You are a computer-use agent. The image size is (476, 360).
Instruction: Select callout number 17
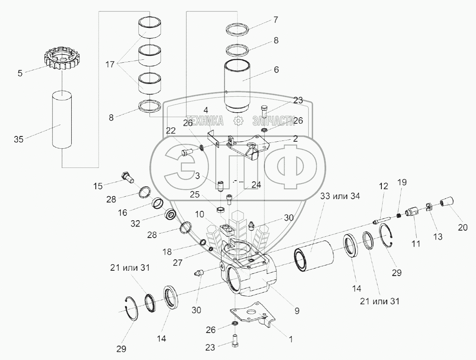pos(110,64)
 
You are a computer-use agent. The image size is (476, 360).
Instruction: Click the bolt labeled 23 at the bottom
pos(235,341)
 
